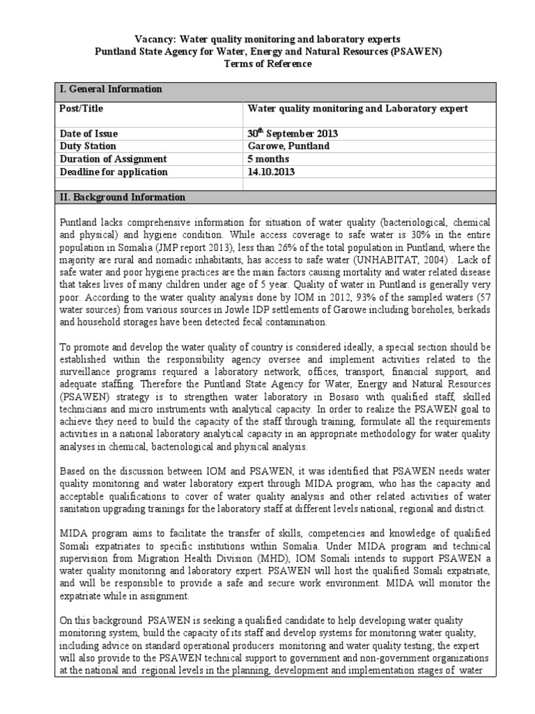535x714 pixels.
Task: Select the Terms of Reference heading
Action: (267, 63)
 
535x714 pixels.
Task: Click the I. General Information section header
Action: (112, 89)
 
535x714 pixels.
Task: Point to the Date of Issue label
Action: (90, 134)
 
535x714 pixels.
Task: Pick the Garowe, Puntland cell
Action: (289, 146)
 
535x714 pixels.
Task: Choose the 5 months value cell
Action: (268, 159)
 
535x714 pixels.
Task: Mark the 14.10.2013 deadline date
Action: (272, 172)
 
